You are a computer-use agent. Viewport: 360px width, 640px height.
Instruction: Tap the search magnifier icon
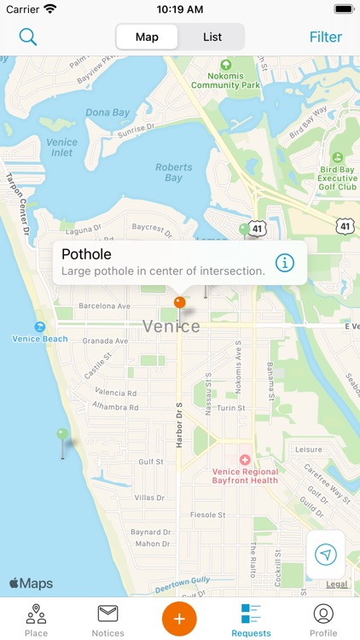(x=28, y=37)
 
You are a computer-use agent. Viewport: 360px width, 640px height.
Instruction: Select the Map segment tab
(x=147, y=37)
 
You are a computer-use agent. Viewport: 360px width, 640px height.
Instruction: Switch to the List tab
(x=212, y=37)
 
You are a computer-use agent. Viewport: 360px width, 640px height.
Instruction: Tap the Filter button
(x=325, y=37)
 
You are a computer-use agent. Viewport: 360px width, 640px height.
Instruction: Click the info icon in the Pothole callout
(x=284, y=262)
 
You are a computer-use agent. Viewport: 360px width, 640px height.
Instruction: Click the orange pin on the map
(x=179, y=303)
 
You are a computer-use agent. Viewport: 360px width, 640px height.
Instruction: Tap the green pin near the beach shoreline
(x=61, y=435)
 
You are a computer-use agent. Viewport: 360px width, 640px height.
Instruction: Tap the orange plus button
(x=179, y=617)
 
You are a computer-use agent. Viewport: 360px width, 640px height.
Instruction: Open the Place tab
(x=36, y=620)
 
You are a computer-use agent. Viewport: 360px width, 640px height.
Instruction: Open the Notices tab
(x=107, y=620)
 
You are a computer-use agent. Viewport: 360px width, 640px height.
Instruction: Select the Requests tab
(x=251, y=620)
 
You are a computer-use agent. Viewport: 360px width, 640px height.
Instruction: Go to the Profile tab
(x=323, y=620)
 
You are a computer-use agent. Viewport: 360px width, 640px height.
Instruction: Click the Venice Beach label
(x=40, y=338)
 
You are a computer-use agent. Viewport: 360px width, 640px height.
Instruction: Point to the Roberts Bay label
(x=174, y=172)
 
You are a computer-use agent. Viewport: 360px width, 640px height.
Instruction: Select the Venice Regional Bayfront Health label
(x=245, y=475)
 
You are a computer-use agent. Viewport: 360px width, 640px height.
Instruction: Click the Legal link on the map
(x=337, y=585)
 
